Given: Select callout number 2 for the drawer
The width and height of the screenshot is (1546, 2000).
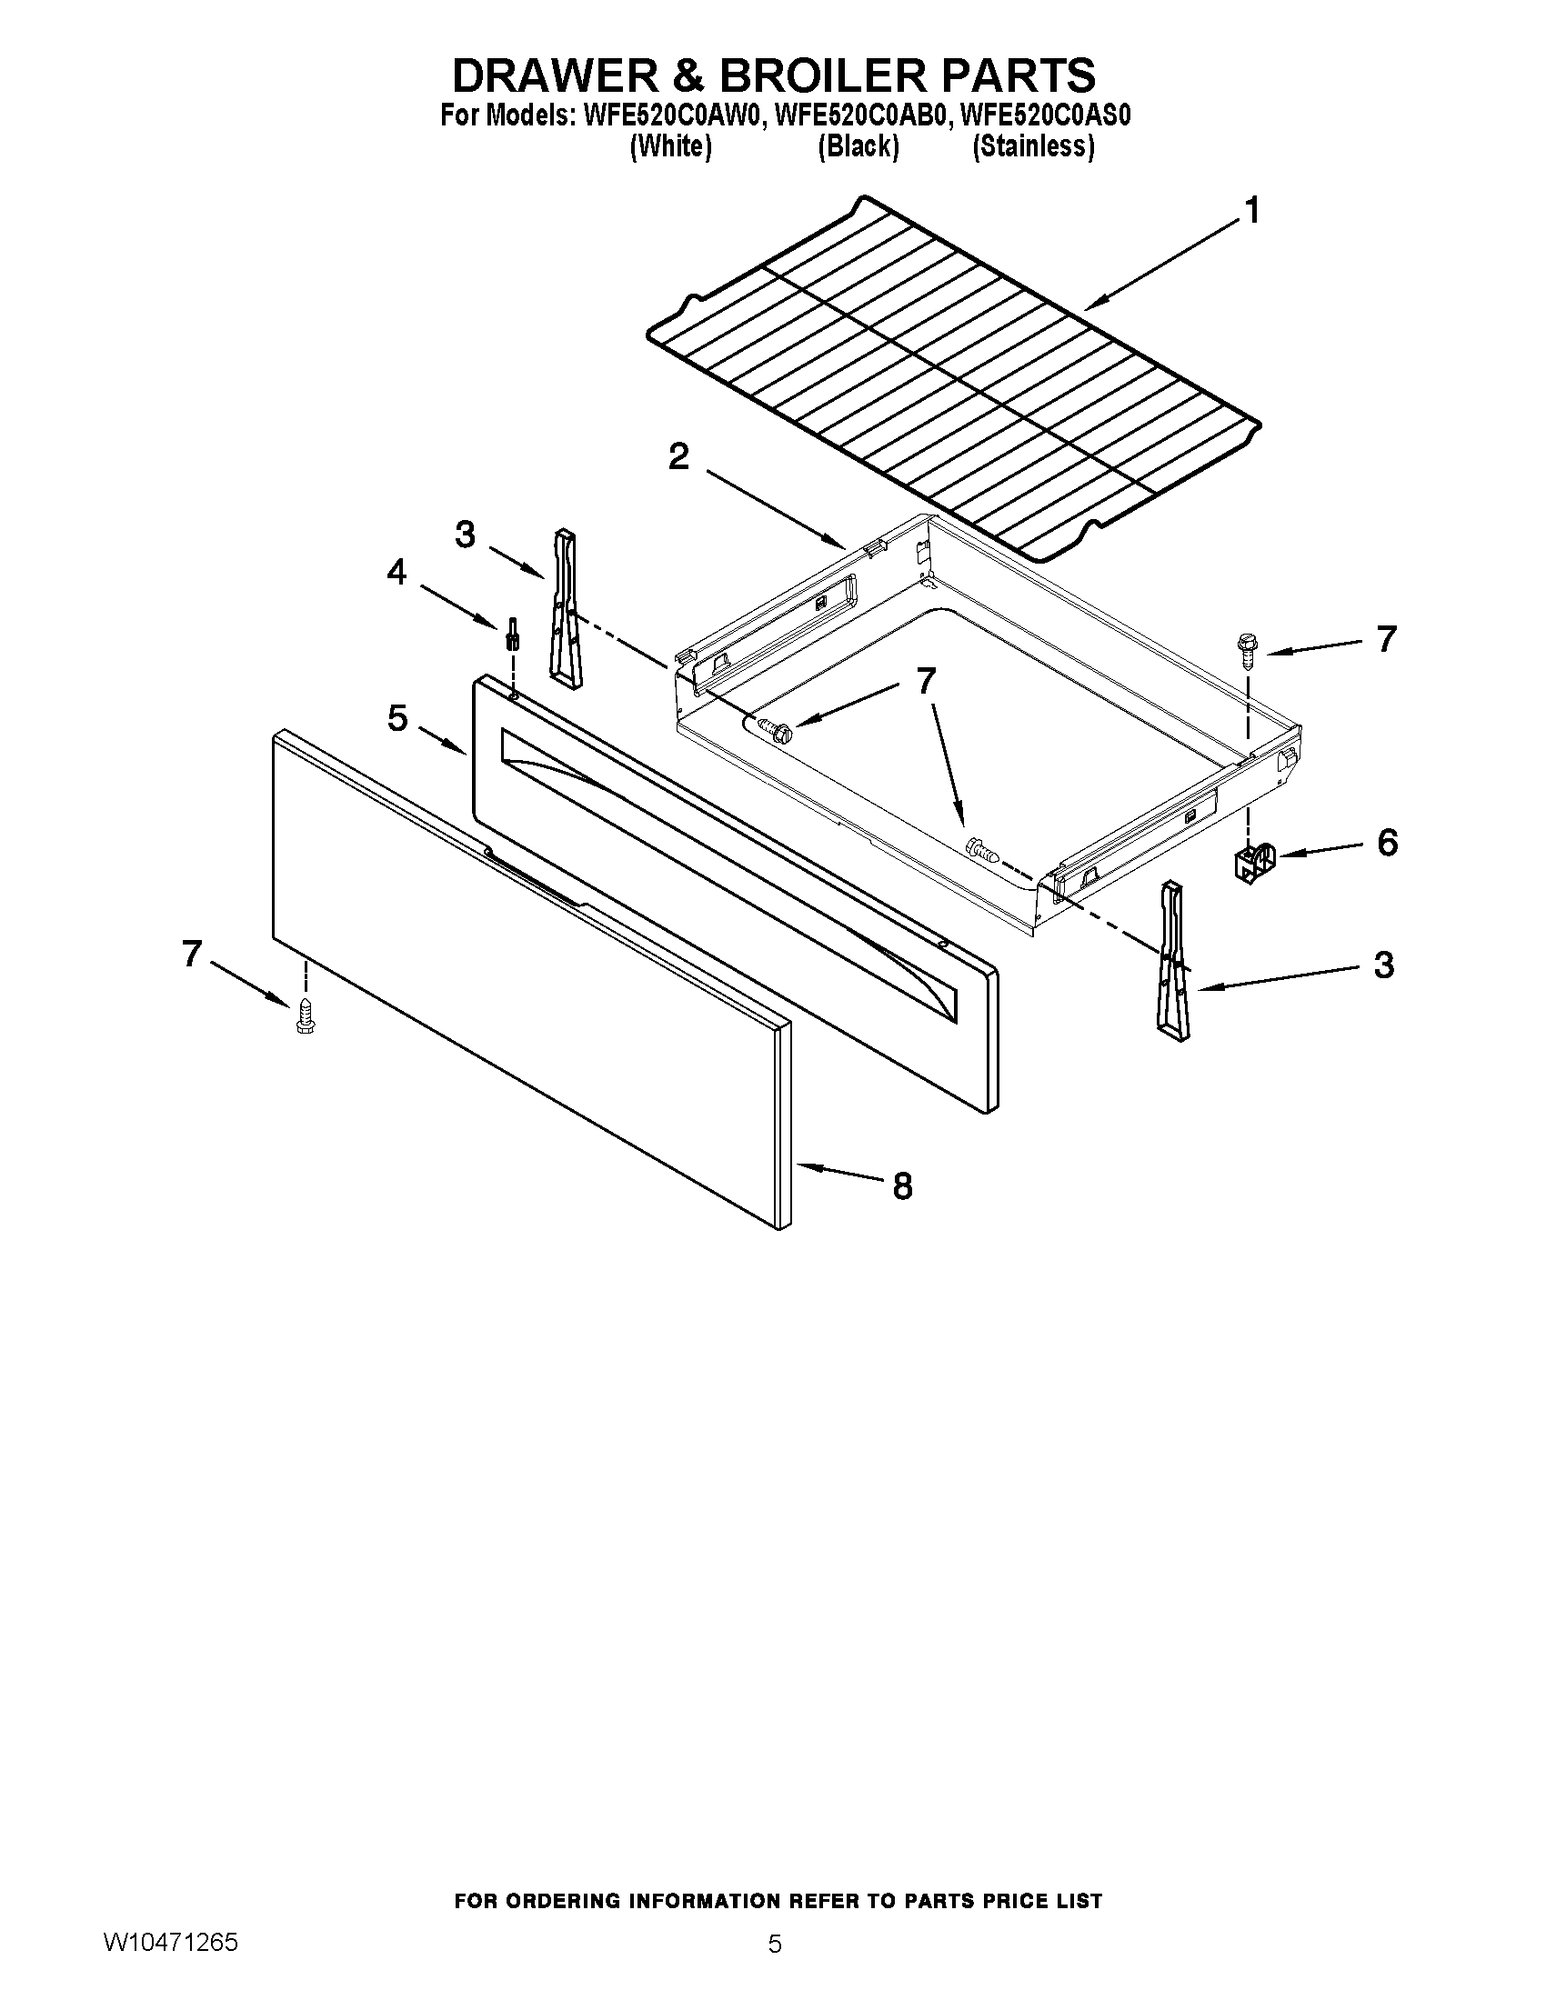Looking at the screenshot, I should (678, 456).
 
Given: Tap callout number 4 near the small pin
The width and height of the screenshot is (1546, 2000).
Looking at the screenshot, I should (396, 573).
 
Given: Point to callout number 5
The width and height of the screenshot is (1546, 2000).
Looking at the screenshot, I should (397, 718).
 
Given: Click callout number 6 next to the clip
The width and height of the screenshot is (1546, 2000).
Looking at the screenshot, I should (1388, 842).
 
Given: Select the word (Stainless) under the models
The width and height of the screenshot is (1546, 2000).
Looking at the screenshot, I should (1033, 146).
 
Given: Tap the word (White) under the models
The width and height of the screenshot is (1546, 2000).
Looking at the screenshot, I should (670, 146).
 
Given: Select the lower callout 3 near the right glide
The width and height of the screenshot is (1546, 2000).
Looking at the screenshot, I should (1383, 965).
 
